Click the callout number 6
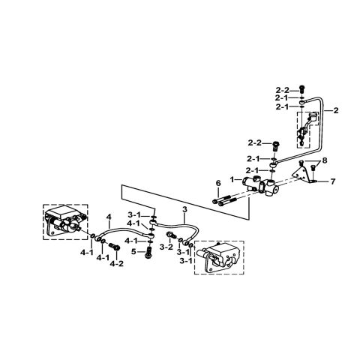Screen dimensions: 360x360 [217, 183]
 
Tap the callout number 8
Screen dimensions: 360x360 [325, 160]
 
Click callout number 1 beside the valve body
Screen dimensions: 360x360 [234, 180]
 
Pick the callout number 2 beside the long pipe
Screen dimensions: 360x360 [336, 111]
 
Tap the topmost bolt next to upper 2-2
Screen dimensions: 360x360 [302, 88]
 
